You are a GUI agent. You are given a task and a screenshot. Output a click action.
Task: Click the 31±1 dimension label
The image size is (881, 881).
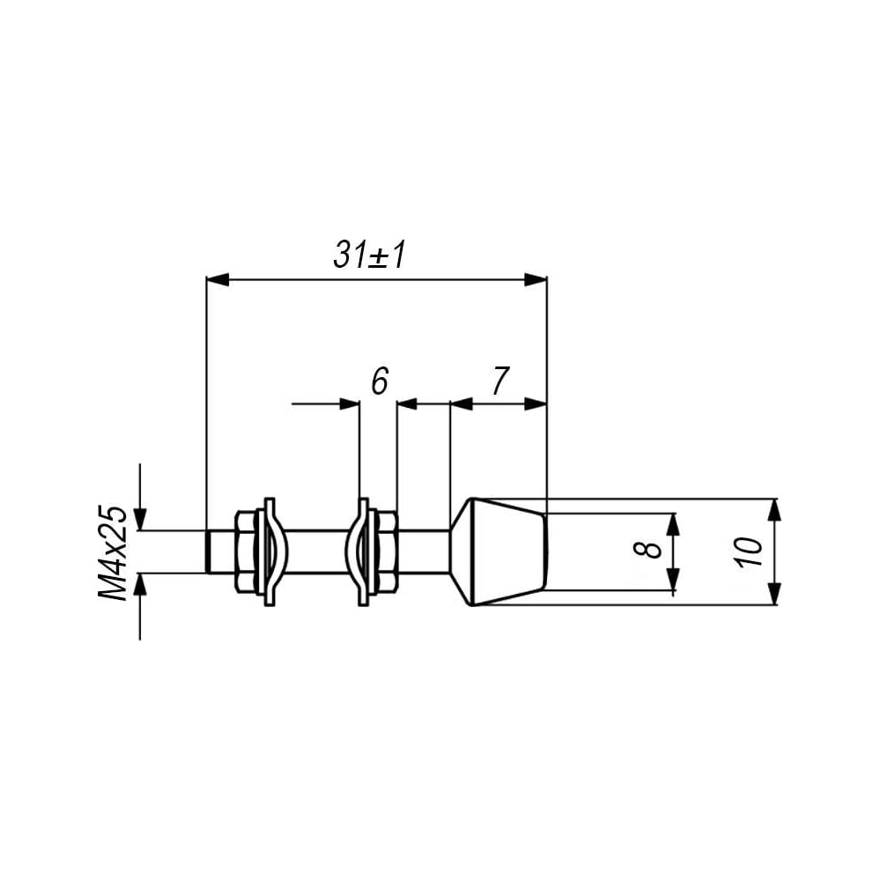(x=369, y=255)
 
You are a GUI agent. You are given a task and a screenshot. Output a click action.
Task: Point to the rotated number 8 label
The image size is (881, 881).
(x=651, y=552)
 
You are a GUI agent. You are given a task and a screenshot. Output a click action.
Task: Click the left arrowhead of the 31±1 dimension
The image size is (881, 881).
(x=218, y=279)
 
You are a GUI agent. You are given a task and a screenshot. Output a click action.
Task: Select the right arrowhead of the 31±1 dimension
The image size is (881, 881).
(x=536, y=279)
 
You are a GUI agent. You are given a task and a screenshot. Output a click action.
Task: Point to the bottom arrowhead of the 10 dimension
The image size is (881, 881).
(x=774, y=594)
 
